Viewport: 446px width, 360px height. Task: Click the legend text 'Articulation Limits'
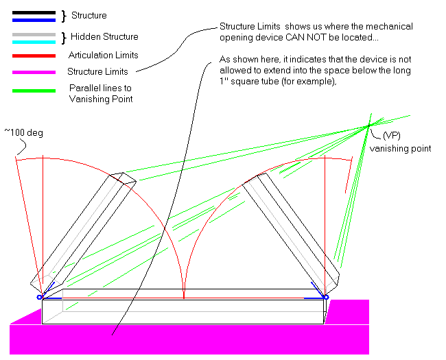point(104,55)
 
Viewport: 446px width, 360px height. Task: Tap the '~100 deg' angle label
point(24,132)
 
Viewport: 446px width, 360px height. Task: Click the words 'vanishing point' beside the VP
point(400,148)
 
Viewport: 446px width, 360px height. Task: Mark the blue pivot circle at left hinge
point(40,297)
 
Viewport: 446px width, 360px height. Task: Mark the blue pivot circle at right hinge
point(326,297)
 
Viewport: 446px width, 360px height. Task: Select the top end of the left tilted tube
point(124,176)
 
